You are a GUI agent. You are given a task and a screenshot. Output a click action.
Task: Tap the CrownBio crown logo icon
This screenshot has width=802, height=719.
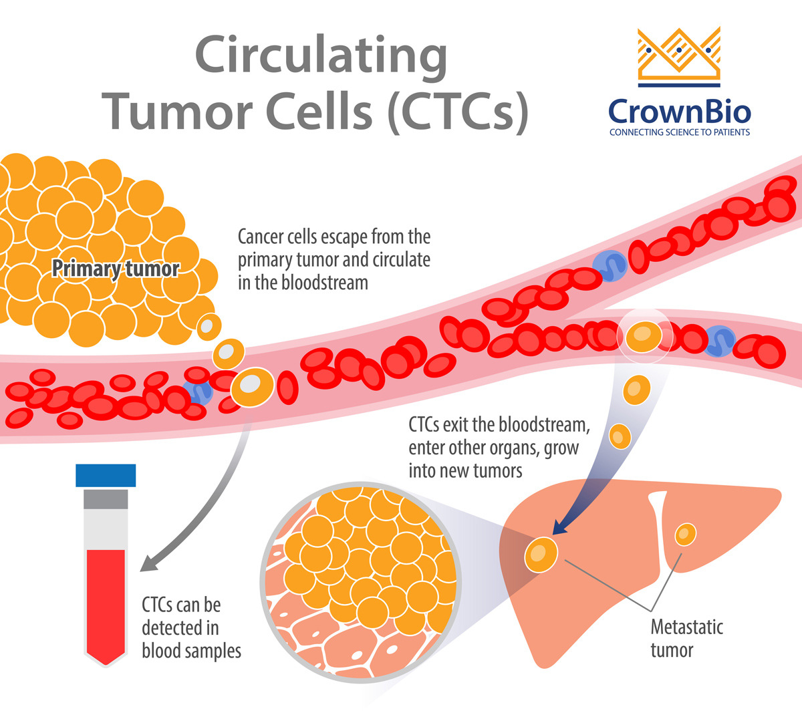[679, 57]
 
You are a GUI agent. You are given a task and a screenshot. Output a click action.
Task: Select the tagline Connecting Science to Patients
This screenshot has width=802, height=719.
[679, 132]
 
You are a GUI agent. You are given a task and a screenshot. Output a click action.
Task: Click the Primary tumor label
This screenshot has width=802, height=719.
[116, 269]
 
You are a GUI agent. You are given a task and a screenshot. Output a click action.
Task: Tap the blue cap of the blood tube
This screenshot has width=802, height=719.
[106, 475]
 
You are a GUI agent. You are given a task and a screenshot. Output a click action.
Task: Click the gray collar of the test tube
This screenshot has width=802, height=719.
[106, 498]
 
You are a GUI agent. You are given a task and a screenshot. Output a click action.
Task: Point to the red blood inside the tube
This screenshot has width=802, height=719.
[106, 601]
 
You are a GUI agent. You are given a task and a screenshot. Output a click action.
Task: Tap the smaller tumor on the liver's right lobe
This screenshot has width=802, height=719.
[686, 534]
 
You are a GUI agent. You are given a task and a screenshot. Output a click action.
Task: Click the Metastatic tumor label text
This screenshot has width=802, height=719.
[686, 639]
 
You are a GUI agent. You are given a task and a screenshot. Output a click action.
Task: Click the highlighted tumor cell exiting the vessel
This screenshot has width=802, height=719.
[644, 334]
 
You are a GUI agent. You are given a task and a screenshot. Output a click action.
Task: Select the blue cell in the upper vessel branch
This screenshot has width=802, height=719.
[610, 265]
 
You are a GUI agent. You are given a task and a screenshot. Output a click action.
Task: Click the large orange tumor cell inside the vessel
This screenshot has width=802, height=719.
[252, 387]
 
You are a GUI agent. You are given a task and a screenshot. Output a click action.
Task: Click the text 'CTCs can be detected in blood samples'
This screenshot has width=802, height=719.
[190, 627]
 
